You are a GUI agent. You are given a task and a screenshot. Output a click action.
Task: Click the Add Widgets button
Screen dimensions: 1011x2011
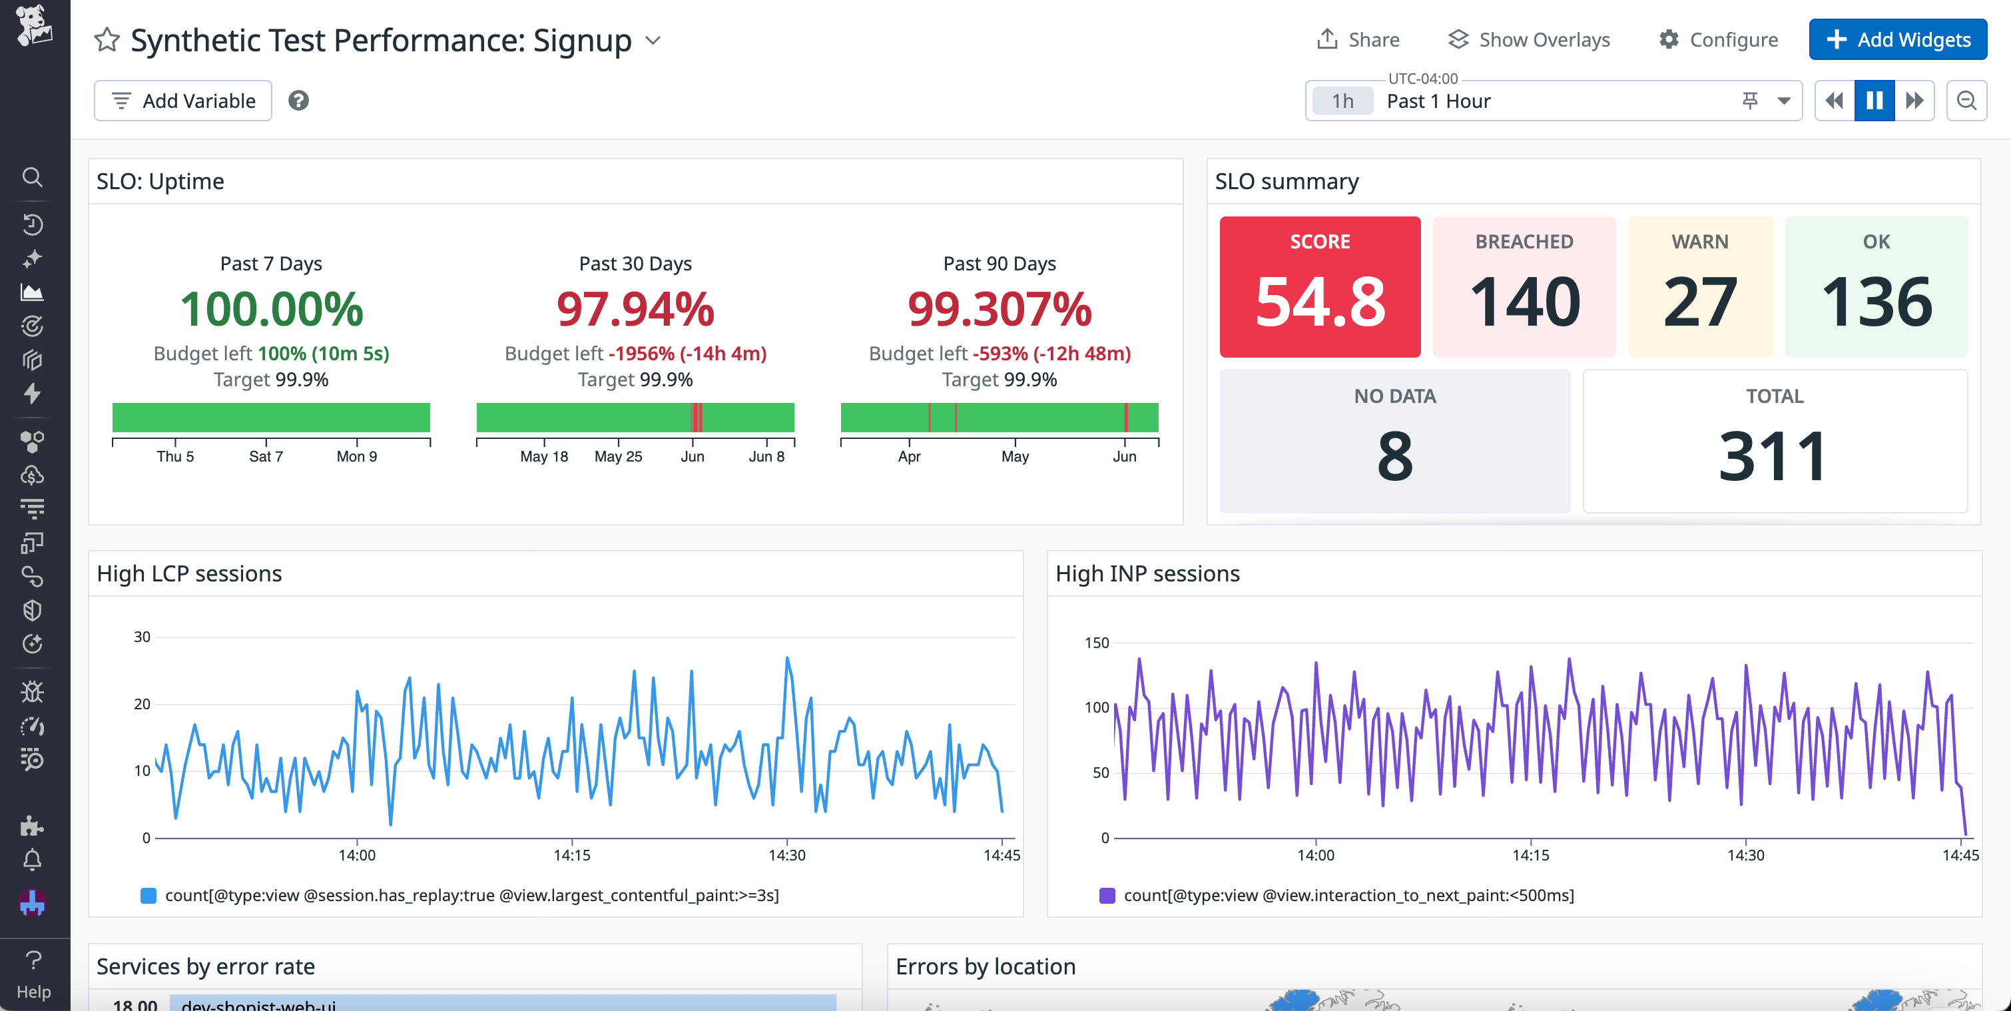click(x=1897, y=40)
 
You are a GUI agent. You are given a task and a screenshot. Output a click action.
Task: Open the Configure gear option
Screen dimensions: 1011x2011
click(x=1717, y=40)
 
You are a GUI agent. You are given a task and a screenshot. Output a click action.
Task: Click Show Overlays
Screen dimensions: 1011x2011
click(x=1528, y=40)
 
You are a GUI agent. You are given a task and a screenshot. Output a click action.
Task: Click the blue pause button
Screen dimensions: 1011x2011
click(x=1874, y=101)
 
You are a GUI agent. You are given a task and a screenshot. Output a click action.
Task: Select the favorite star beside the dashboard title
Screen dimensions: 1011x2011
click(x=107, y=40)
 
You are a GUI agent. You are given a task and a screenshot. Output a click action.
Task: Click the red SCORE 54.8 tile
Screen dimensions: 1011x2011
click(x=1319, y=286)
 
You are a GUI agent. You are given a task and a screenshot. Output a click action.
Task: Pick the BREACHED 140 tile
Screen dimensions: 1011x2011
click(x=1523, y=286)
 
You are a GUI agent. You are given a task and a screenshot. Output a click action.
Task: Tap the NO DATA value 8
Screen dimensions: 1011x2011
click(x=1394, y=456)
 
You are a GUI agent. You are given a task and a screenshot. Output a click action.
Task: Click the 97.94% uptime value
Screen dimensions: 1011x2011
click(x=635, y=308)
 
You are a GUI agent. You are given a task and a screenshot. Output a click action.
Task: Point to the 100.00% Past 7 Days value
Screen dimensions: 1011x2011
click(x=271, y=308)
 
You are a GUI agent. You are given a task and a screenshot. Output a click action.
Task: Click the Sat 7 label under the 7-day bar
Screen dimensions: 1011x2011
click(x=266, y=457)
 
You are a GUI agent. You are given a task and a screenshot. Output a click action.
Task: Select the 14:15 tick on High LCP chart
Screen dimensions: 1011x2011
click(x=571, y=855)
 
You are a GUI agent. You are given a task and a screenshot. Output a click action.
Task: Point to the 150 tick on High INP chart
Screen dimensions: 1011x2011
click(x=1096, y=643)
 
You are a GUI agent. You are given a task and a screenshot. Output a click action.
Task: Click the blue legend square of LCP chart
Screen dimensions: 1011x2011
click(x=148, y=896)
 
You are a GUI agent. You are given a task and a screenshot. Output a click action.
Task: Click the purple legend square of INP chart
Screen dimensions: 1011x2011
click(x=1107, y=896)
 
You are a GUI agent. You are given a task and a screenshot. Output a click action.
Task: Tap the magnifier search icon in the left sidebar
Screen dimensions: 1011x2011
click(x=32, y=177)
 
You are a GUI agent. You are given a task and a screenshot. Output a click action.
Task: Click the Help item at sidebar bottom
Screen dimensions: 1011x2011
click(x=33, y=976)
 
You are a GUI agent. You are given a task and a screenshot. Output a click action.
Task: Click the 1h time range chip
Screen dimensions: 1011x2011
click(x=1342, y=101)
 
